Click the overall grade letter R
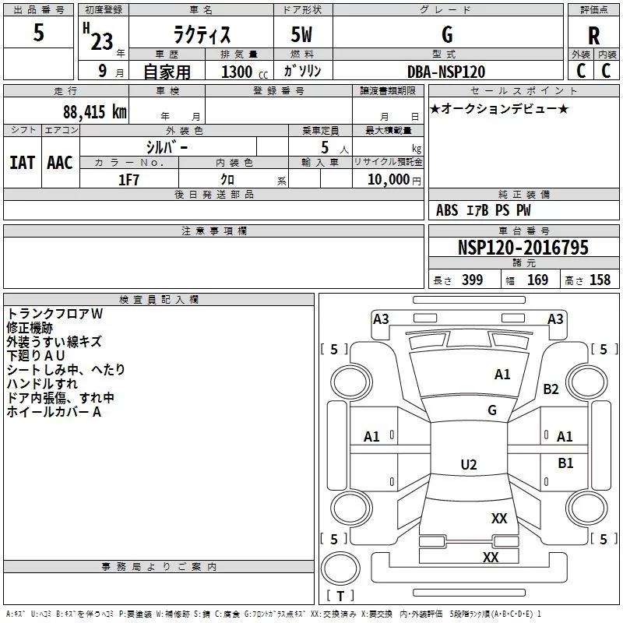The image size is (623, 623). (x=593, y=35)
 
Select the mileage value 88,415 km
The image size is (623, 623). (x=95, y=111)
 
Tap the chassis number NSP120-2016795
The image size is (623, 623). (x=523, y=247)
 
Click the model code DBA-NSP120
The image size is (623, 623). (x=446, y=72)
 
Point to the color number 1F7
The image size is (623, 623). (x=128, y=180)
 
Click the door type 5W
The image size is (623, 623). (x=301, y=34)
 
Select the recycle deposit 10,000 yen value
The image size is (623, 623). (x=394, y=180)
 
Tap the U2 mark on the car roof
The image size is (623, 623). (x=469, y=464)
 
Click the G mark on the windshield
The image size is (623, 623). (x=492, y=410)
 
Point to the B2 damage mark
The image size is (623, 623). (x=551, y=389)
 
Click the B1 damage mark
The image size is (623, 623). (x=565, y=463)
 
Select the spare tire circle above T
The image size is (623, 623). (x=340, y=568)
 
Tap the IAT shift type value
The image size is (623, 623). (x=23, y=163)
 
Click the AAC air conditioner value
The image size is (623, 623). (x=60, y=163)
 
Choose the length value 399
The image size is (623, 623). (x=472, y=280)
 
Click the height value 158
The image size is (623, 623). (x=600, y=280)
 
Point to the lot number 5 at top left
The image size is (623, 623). (x=38, y=32)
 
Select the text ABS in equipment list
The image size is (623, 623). (x=447, y=210)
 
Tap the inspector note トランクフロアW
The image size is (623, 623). (x=55, y=314)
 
